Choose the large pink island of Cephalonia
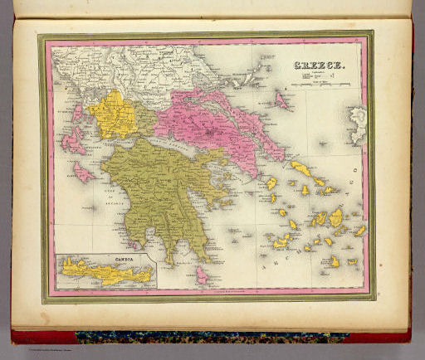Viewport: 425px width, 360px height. click(x=73, y=141)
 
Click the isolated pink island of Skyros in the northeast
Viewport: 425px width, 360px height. click(x=281, y=101)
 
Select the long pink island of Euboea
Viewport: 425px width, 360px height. click(x=249, y=124)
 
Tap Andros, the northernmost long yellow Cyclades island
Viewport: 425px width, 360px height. click(x=300, y=169)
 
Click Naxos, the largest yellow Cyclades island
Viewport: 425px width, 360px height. click(x=335, y=218)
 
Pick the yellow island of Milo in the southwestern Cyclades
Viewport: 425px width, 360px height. click(x=281, y=242)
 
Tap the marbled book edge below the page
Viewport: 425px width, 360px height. click(x=208, y=338)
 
